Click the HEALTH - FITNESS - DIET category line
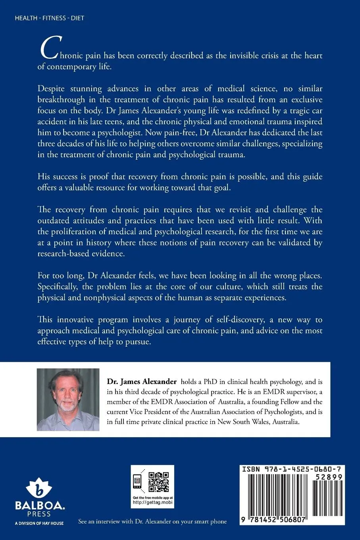(x=49, y=18)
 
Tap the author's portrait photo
(x=68, y=399)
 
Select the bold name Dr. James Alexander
(x=142, y=382)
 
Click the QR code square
(x=161, y=481)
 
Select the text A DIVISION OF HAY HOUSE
(x=39, y=523)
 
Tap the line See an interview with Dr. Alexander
(x=152, y=521)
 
